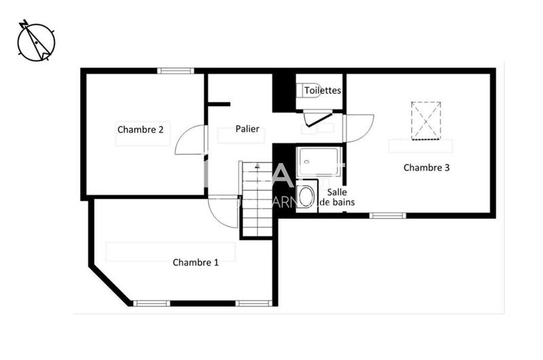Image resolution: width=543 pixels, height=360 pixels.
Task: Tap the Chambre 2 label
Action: pyautogui.click(x=140, y=129)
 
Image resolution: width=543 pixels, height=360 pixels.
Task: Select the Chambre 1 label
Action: pyautogui.click(x=195, y=262)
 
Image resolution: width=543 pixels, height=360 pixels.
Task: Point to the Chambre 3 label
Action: pyautogui.click(x=426, y=167)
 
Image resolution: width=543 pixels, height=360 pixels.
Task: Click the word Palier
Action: pyautogui.click(x=247, y=129)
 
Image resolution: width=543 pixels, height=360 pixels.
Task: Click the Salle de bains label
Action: pyautogui.click(x=337, y=197)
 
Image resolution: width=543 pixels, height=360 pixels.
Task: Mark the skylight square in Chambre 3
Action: pyautogui.click(x=426, y=120)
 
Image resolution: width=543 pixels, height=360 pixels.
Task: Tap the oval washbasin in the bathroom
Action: pyautogui.click(x=307, y=196)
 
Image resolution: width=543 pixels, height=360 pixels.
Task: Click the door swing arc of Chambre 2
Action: pyautogui.click(x=190, y=141)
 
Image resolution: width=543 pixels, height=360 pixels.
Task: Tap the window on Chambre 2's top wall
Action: pyautogui.click(x=176, y=71)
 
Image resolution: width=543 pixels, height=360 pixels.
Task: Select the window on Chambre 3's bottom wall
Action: pyautogui.click(x=388, y=215)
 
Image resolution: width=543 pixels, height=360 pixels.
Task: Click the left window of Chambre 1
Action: pyautogui.click(x=151, y=303)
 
